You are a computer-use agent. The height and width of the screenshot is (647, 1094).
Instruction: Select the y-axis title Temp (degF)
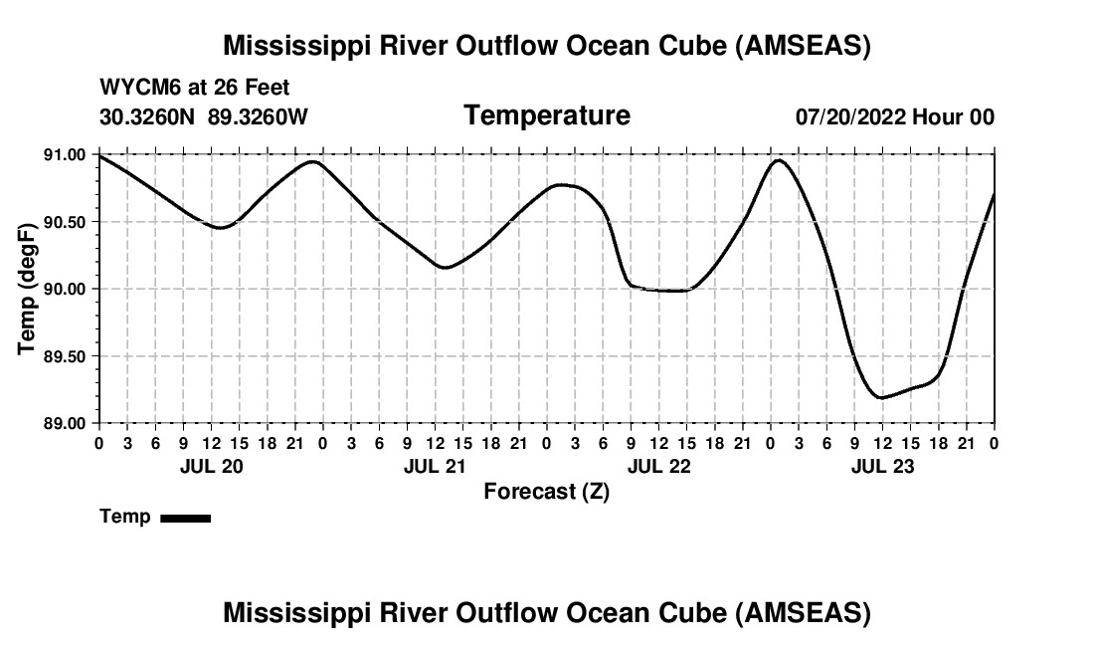click(27, 289)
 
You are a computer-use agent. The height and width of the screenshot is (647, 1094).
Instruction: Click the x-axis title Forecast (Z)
click(546, 491)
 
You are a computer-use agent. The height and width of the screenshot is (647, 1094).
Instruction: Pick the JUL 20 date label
click(210, 466)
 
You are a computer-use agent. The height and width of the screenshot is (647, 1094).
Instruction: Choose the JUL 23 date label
click(882, 466)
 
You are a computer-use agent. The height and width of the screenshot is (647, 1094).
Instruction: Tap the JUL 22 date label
click(658, 466)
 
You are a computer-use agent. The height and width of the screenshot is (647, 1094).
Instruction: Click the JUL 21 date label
click(434, 466)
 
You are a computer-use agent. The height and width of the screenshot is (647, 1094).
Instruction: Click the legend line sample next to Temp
click(185, 518)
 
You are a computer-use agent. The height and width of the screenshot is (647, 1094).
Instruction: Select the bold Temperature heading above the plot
click(547, 115)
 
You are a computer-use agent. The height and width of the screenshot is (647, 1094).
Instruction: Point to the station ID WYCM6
click(134, 88)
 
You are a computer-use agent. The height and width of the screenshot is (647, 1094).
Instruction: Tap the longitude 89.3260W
click(258, 116)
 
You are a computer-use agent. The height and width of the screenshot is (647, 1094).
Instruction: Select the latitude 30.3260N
click(149, 116)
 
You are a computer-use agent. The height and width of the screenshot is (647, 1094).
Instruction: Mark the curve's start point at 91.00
click(99, 155)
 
